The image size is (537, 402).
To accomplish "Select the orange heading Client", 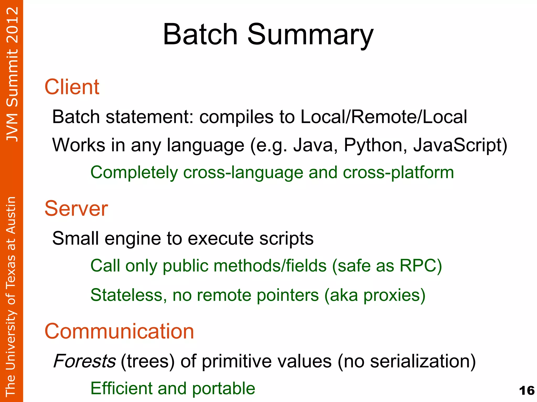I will (72, 87).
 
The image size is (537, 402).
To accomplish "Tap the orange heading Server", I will (76, 208).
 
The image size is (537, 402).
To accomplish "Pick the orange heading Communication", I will (119, 331).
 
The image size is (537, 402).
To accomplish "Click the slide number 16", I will (527, 390).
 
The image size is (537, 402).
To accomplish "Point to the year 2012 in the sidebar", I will (12, 25).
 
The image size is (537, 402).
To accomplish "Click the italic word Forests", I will (84, 361).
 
